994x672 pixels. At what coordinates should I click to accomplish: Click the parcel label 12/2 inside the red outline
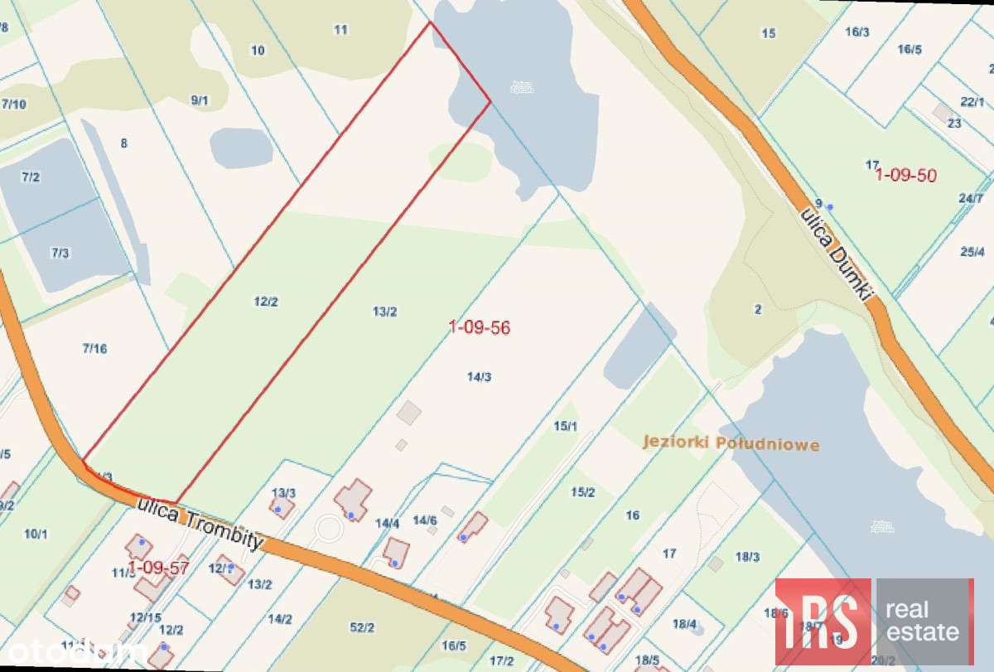tap(265, 302)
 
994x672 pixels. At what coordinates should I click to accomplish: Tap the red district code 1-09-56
tap(480, 327)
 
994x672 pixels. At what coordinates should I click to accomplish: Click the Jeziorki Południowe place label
tap(731, 443)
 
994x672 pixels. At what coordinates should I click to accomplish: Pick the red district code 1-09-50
tap(906, 175)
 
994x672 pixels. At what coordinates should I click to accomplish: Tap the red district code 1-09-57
tap(159, 568)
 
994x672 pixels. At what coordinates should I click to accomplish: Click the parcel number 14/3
tap(479, 376)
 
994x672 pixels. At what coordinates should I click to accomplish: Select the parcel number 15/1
tap(565, 425)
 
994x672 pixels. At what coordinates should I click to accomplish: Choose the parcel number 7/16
tap(95, 348)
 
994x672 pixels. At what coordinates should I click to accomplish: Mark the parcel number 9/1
tap(200, 100)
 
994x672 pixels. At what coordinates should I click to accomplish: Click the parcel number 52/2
tap(362, 627)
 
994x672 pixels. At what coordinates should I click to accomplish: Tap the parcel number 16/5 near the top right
tap(909, 49)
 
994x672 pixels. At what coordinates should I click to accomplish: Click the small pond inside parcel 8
tap(241, 147)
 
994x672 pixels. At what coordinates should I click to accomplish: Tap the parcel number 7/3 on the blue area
tap(60, 253)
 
